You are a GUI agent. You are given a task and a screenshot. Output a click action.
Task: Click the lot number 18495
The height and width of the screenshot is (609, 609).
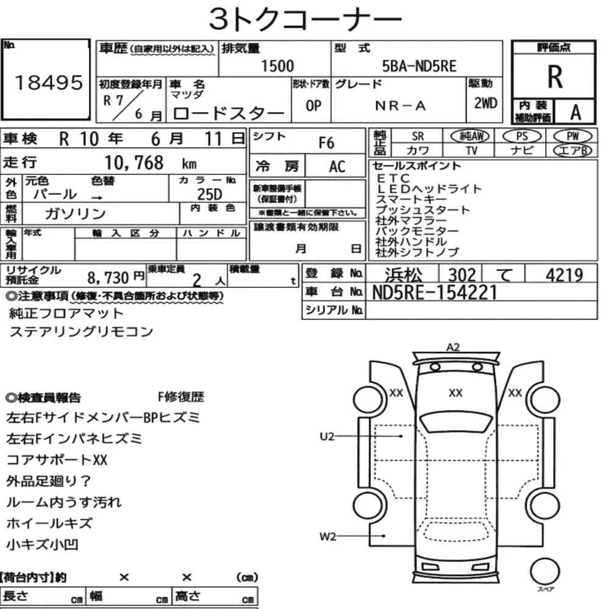(x=49, y=83)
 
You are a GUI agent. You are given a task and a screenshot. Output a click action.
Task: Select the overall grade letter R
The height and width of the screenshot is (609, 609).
(x=555, y=77)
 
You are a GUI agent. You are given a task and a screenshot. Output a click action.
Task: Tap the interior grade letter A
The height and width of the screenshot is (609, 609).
(x=576, y=113)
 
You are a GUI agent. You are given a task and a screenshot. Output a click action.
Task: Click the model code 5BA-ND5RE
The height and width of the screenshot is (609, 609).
(x=419, y=66)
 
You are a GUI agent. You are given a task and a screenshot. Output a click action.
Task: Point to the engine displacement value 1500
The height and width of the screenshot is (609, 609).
(x=277, y=66)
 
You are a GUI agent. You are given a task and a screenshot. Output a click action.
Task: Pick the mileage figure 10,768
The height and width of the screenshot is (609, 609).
(x=134, y=163)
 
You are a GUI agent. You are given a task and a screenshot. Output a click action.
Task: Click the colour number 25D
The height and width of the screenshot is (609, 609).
(x=209, y=194)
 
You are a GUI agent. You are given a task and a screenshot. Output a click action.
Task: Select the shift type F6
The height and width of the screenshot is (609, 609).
(x=326, y=143)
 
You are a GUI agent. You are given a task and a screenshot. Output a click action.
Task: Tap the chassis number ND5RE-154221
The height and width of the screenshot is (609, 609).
(x=435, y=292)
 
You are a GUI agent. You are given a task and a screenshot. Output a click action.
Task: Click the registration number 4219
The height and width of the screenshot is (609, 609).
(x=564, y=275)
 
